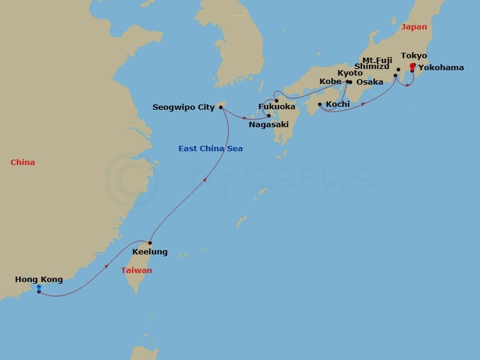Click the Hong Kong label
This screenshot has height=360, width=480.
pyautogui.click(x=38, y=280)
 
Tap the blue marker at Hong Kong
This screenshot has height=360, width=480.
pyautogui.click(x=38, y=289)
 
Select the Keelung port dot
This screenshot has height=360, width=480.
pyautogui.click(x=150, y=243)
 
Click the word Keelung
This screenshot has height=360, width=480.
pyautogui.click(x=151, y=252)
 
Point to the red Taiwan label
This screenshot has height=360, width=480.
pyautogui.click(x=136, y=271)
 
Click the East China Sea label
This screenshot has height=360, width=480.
pyautogui.click(x=211, y=148)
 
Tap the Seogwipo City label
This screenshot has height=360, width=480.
pyautogui.click(x=184, y=107)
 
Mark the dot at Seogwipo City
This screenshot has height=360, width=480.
pyautogui.click(x=221, y=107)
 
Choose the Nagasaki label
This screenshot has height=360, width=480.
pyautogui.click(x=269, y=125)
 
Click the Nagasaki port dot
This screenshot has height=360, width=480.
pyautogui.click(x=269, y=116)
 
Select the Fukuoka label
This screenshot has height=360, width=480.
pyautogui.click(x=277, y=107)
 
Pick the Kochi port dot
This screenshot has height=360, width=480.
pyautogui.click(x=320, y=104)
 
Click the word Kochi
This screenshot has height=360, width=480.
pyautogui.click(x=338, y=104)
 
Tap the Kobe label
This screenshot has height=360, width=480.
pyautogui.click(x=330, y=81)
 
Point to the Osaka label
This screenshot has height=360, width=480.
pyautogui.click(x=370, y=82)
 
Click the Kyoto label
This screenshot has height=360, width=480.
pyautogui.click(x=350, y=73)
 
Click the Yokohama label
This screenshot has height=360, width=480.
pyautogui.click(x=441, y=68)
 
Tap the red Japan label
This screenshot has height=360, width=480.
pyautogui.click(x=414, y=27)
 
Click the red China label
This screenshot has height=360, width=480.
pyautogui.click(x=23, y=163)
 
